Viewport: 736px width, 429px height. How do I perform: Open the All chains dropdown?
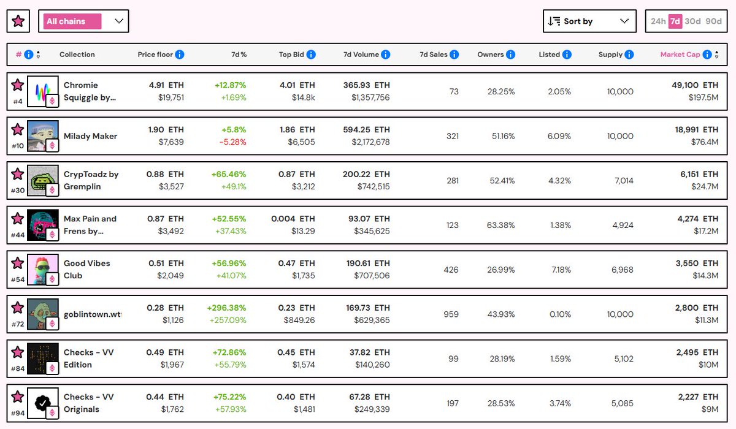(x=83, y=21)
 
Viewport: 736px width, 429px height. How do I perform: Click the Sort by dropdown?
(x=589, y=21)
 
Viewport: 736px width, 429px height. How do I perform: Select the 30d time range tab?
(x=692, y=21)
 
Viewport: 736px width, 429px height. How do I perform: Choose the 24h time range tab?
(x=657, y=21)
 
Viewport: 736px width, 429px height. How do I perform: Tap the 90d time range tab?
(x=713, y=21)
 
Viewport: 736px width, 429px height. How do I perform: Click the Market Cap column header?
(x=680, y=55)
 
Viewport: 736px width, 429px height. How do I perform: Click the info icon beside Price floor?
(x=180, y=55)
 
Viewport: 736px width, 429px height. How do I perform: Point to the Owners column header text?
(x=490, y=55)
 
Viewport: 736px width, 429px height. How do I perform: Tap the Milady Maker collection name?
(x=90, y=136)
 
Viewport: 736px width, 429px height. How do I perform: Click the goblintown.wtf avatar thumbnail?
(x=42, y=314)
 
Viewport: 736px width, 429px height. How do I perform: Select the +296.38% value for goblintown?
(x=226, y=308)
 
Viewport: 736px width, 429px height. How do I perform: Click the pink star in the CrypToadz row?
(x=18, y=175)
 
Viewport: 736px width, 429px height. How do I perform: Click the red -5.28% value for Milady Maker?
(x=233, y=142)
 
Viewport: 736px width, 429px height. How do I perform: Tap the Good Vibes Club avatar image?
(x=42, y=270)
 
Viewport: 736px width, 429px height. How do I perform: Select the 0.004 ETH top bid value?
(x=293, y=219)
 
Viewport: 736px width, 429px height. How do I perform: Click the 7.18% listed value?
(x=559, y=270)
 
